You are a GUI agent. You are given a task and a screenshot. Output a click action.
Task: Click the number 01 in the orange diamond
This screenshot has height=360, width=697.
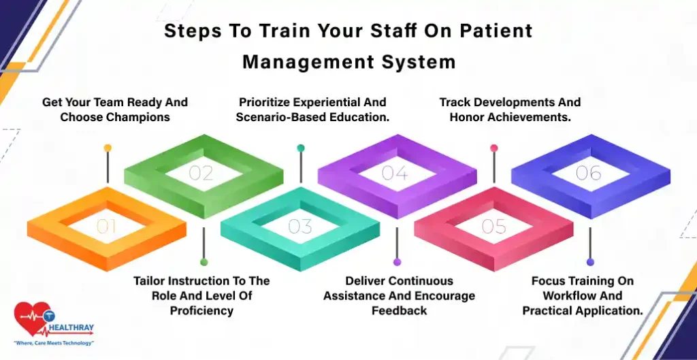pos(107,227)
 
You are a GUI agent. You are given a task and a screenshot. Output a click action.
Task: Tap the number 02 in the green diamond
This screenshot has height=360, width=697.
pos(201,173)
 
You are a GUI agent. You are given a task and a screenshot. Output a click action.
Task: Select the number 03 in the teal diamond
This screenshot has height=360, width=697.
pos(300,227)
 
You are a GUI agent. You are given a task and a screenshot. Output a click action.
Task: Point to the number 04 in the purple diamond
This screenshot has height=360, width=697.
pos(395,173)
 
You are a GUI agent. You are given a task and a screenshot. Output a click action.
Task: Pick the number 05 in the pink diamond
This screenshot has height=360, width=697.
pos(494,227)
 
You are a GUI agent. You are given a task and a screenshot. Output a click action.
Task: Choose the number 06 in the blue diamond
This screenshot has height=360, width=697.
pos(589,173)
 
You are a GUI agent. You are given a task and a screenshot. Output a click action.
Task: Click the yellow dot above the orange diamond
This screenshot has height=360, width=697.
pos(108,148)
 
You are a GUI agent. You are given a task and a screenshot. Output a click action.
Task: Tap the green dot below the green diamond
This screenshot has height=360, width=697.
pos(204,262)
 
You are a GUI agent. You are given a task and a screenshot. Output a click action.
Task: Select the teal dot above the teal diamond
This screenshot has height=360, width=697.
pos(301,148)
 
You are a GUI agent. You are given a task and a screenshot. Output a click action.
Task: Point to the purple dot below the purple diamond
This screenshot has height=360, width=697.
pos(398,262)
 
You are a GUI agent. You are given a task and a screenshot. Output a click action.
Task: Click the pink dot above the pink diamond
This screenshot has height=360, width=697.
pos(494,148)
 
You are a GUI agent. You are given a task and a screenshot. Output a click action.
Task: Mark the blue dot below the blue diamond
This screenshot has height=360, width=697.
pos(590,262)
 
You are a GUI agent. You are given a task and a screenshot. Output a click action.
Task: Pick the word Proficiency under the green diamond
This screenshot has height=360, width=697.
pos(201,311)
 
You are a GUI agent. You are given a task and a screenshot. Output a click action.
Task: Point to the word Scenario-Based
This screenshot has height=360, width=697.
pos(275,117)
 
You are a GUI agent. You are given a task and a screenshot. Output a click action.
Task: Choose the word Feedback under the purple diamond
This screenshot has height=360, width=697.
pos(399,310)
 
